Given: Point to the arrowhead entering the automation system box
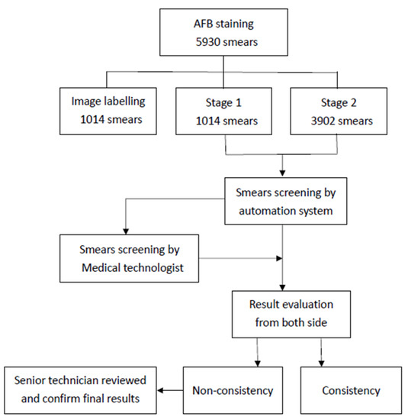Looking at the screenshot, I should coord(284,175).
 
